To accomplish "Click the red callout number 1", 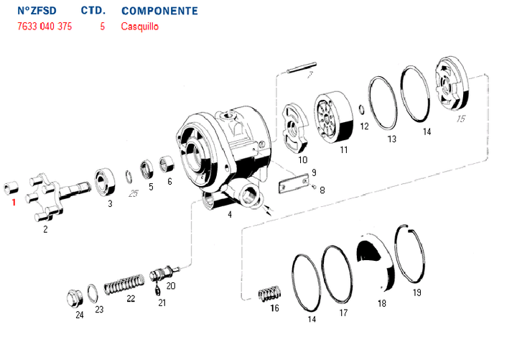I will [x=13, y=202].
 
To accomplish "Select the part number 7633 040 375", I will [x=44, y=27].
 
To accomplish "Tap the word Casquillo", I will [x=140, y=27].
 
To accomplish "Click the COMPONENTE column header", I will [x=159, y=11].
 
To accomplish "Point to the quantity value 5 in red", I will [x=103, y=27].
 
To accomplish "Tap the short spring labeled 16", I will [x=269, y=295].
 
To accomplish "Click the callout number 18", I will [x=381, y=303].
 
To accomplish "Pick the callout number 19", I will [x=417, y=292].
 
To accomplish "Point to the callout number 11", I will [x=344, y=149].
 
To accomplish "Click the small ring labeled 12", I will [x=361, y=110].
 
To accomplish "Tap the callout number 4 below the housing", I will [x=230, y=214].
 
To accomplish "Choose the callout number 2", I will [x=45, y=229].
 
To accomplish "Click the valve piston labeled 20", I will [x=163, y=274].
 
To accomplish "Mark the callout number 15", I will [x=460, y=119].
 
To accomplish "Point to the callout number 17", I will [x=343, y=313].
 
